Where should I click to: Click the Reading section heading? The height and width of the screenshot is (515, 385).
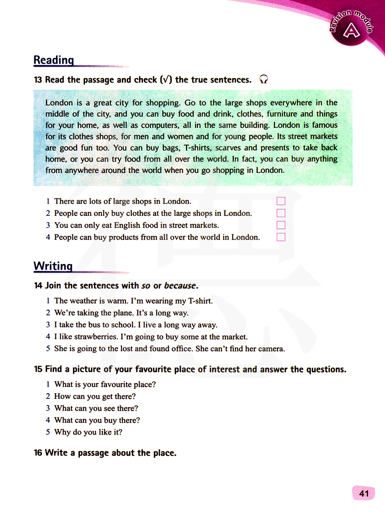tap(54, 60)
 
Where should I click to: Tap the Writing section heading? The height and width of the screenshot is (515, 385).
tap(53, 266)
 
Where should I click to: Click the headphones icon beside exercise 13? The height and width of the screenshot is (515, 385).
tap(263, 79)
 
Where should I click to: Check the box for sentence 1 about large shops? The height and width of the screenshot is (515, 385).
tap(281, 201)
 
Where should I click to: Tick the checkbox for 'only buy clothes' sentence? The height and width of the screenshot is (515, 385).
tap(281, 213)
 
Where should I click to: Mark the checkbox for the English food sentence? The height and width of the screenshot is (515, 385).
tap(281, 225)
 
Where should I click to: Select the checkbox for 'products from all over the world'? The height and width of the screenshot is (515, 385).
tap(281, 237)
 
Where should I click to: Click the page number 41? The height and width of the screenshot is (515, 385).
tap(364, 493)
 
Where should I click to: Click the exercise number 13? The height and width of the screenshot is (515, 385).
tap(38, 80)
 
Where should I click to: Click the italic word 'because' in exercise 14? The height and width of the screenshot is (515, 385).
tap(180, 286)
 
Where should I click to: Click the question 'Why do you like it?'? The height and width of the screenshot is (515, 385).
tap(88, 432)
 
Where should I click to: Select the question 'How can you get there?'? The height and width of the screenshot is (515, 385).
tap(95, 396)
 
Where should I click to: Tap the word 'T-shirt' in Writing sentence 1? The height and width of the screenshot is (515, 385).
tap(199, 301)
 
